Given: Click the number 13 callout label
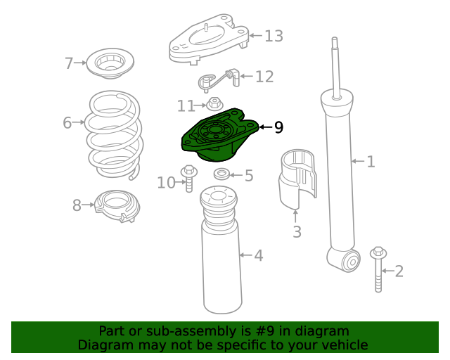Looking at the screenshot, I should click(274, 36).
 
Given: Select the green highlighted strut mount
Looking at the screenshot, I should click(218, 136).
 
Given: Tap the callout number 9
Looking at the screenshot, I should click(278, 127).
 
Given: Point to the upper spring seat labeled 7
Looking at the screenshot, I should click(110, 64).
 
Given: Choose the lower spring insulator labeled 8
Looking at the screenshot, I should click(117, 207).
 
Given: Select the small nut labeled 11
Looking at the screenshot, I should click(214, 105).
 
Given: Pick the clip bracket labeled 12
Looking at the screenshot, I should click(218, 79).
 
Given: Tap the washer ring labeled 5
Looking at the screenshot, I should click(221, 174).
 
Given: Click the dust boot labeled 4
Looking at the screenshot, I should click(222, 260).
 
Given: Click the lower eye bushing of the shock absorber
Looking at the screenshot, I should click(349, 262).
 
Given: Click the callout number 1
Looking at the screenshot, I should click(371, 162).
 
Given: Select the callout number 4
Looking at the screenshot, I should click(259, 255).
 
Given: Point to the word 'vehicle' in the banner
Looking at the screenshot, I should click(343, 345).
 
